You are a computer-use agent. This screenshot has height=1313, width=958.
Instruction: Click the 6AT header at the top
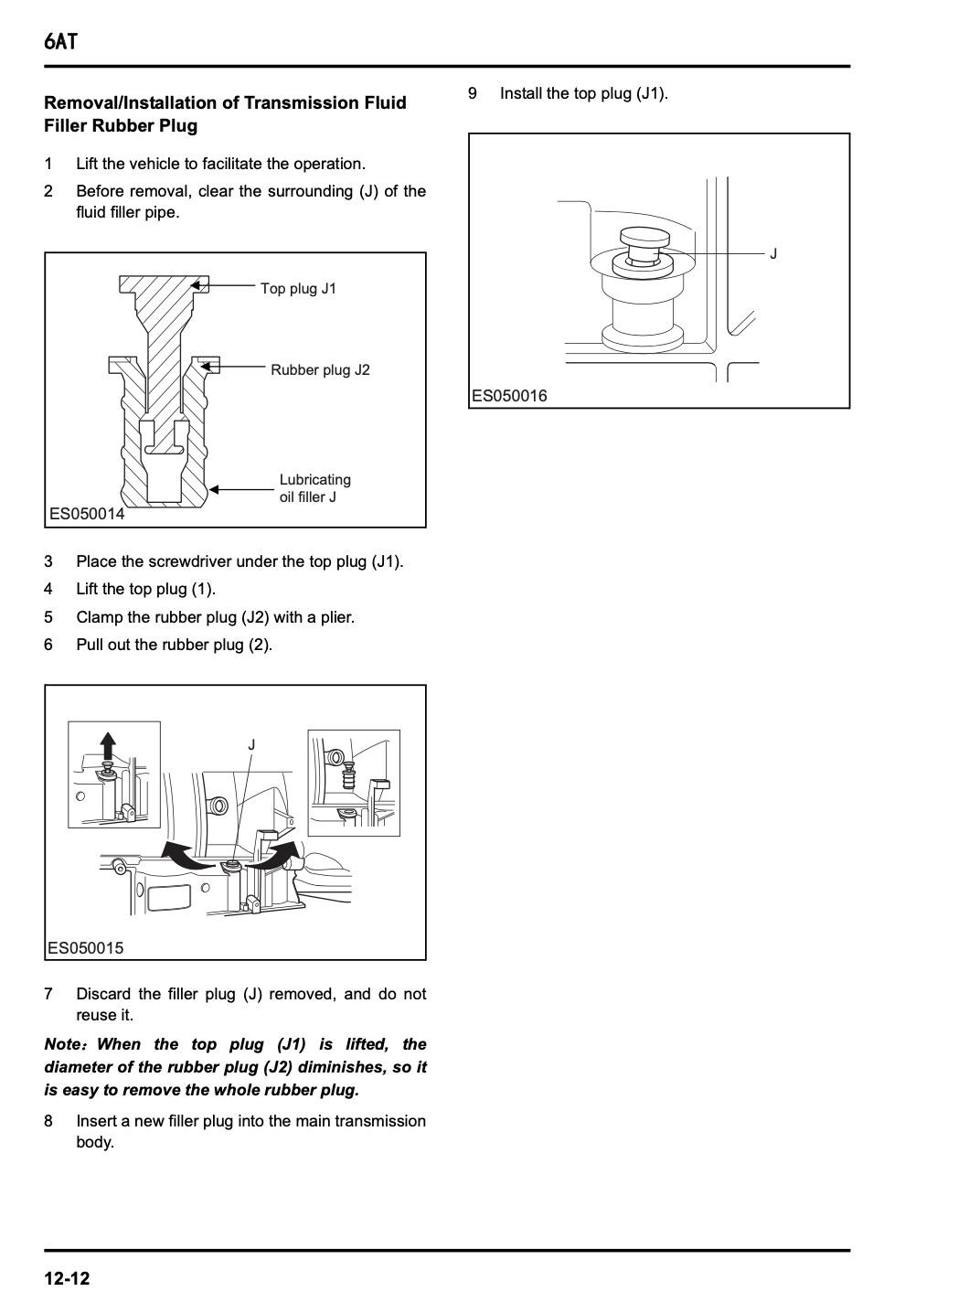(60, 41)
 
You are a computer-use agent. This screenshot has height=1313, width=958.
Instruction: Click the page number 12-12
(67, 1278)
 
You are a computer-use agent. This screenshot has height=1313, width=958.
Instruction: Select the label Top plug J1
(298, 289)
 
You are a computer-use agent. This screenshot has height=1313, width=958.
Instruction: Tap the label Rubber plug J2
(320, 370)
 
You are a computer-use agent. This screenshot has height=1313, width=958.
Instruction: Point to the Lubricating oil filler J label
(314, 488)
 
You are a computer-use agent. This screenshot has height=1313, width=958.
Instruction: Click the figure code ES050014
(87, 514)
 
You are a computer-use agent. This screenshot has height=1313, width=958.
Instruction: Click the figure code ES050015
(85, 948)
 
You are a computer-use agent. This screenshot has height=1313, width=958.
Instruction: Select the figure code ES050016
(509, 396)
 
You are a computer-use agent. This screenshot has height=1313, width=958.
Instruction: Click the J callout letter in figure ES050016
(773, 253)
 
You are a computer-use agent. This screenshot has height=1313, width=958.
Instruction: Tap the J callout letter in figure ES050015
(251, 745)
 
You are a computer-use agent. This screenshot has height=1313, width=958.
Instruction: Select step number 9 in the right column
(473, 93)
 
